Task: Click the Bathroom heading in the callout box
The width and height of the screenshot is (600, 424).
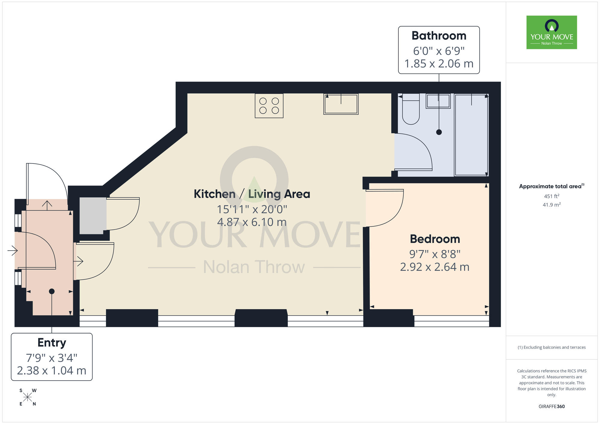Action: coord(439,36)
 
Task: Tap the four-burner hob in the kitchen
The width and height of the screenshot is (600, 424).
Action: coord(269,106)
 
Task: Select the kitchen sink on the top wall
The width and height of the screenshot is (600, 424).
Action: coord(341,104)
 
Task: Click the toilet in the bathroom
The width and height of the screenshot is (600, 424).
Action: coord(411,109)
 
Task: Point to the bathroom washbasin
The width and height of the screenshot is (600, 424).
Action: coord(438,101)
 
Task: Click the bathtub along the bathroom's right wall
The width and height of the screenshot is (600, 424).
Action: coord(471,135)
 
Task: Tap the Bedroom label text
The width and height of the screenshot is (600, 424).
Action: coord(435,239)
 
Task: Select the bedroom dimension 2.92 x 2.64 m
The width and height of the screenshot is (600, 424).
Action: coord(434,267)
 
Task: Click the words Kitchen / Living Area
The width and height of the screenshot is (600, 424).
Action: coord(252,194)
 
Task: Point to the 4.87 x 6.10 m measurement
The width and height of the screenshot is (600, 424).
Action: coord(252,222)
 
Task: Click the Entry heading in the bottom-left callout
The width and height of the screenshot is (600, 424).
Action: coord(52,342)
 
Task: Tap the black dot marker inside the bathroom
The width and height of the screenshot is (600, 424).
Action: coord(439,132)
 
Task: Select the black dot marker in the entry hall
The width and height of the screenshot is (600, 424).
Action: coord(52,291)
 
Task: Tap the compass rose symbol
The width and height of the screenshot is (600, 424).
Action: coord(28,397)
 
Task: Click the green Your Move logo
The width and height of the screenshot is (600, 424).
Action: coord(551,32)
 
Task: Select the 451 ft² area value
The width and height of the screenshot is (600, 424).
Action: coord(551,196)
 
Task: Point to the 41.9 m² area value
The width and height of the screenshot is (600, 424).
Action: coord(551,205)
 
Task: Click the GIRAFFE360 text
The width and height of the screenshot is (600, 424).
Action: coord(551,407)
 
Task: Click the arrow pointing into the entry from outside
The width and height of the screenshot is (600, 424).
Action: coord(13,250)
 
